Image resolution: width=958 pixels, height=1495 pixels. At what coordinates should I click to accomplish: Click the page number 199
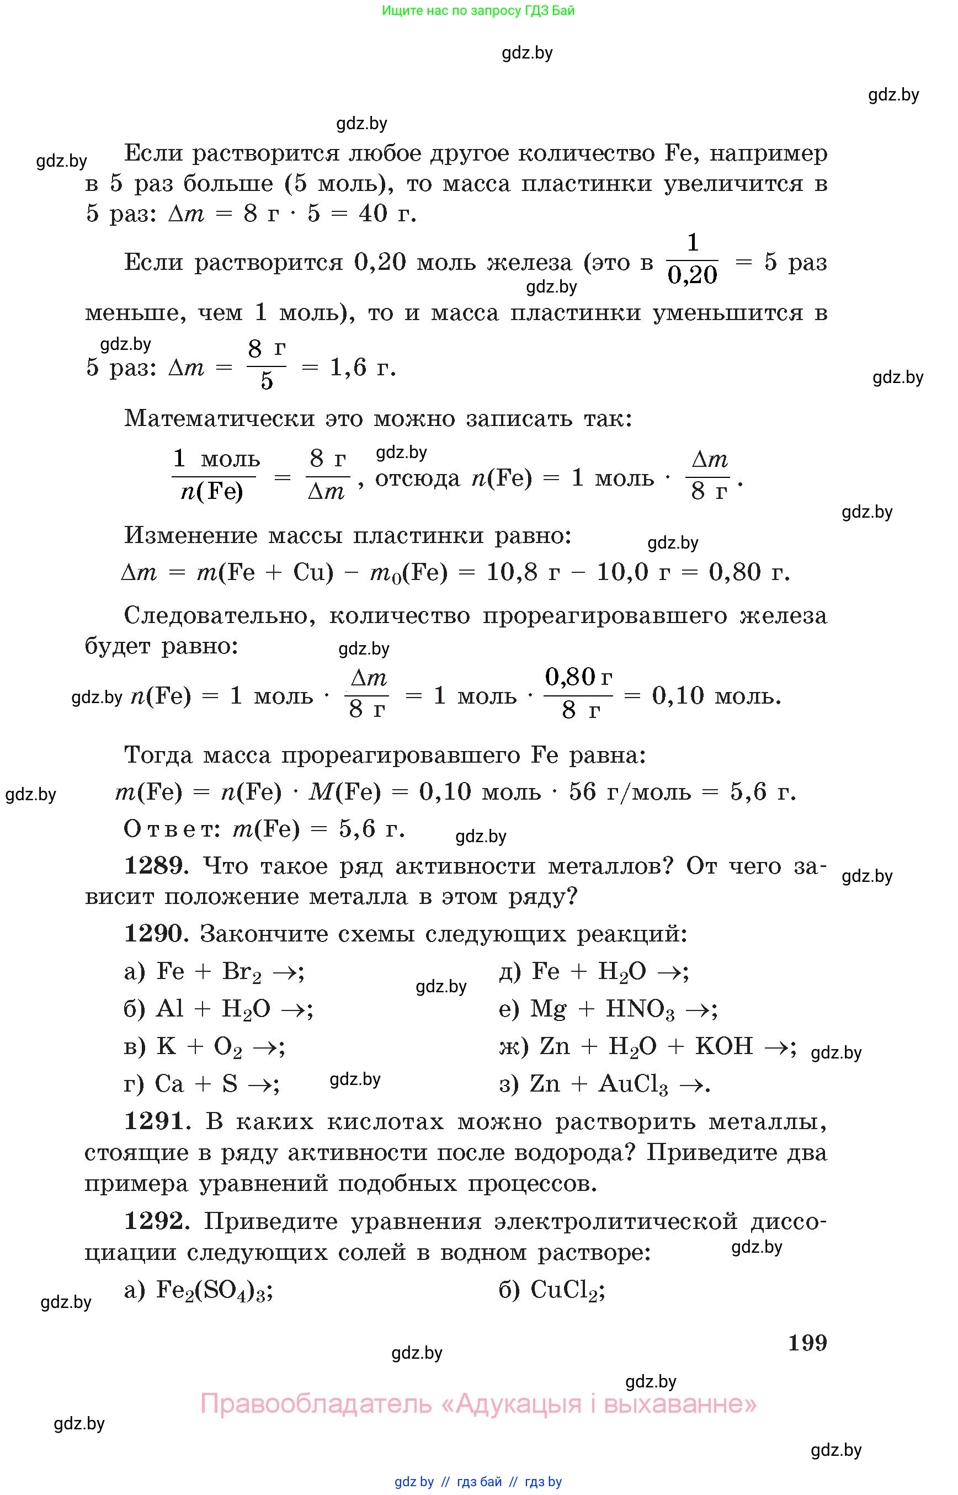tap(807, 1343)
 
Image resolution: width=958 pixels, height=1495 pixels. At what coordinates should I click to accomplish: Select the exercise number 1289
tap(156, 866)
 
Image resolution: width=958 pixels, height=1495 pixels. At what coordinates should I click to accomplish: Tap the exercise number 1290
tap(156, 934)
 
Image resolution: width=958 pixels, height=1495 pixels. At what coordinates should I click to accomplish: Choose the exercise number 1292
tap(156, 1221)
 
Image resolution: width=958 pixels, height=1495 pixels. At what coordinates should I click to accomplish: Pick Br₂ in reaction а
tap(241, 972)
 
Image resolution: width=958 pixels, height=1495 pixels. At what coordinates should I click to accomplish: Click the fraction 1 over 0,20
tap(693, 260)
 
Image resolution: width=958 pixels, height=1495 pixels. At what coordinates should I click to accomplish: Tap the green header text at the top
tap(478, 10)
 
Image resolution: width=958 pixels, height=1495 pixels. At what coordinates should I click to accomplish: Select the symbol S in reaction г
tap(230, 1084)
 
